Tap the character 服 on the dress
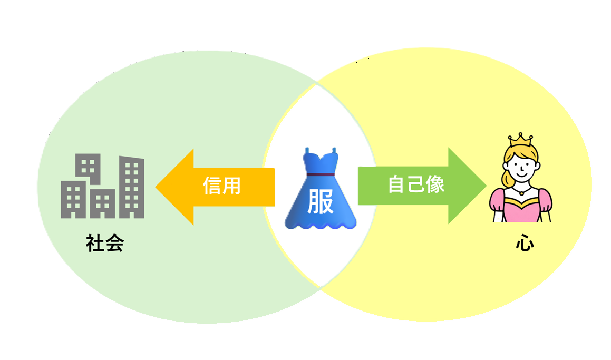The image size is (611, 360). [320, 203]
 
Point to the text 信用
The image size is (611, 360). [222, 186]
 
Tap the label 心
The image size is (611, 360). [525, 244]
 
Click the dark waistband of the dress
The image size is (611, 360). [320, 174]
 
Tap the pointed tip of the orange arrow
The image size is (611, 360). [157, 187]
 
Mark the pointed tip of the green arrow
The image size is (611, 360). [485, 186]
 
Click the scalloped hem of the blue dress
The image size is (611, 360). [320, 225]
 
